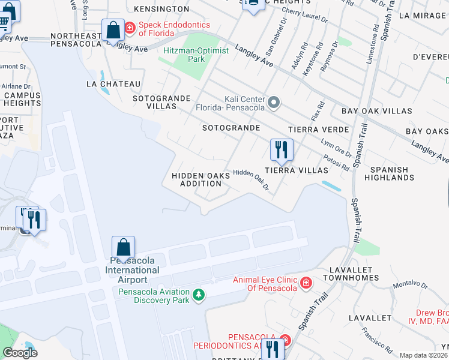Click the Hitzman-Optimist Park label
[x=196, y=55]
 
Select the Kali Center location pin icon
[x=274, y=103]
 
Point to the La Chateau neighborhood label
[x=113, y=84]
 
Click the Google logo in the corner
[x=20, y=353]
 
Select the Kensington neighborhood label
[x=161, y=10]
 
